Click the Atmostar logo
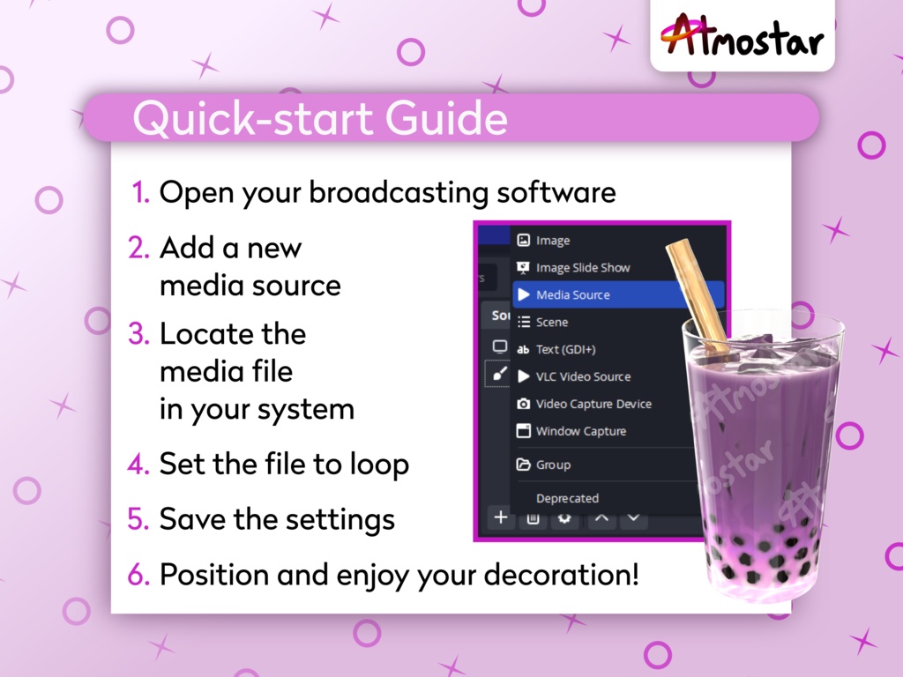tap(742, 37)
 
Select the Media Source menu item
tap(572, 294)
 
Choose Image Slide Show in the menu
tap(582, 267)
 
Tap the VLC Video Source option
tap(583, 376)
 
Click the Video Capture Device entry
tap(593, 404)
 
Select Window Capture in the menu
tap(580, 431)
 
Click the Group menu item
tap(553, 465)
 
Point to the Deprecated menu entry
tap(567, 498)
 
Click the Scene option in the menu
tap(551, 322)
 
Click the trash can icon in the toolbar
tap(533, 518)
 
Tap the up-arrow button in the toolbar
tap(601, 518)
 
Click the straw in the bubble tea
tap(697, 296)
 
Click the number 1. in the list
tap(141, 192)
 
